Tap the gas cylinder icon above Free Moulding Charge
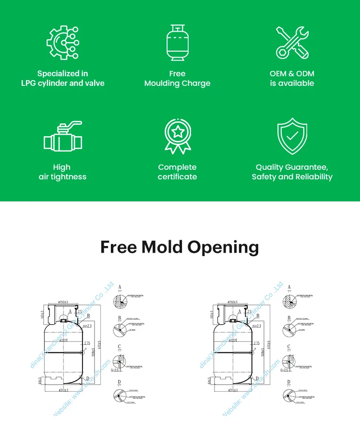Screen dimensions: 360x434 [177, 42]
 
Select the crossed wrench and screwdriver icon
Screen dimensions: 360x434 [292, 43]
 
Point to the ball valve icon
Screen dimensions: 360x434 [62, 138]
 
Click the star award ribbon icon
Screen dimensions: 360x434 [177, 137]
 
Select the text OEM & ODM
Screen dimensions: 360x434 [292, 73]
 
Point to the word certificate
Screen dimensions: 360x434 [177, 177]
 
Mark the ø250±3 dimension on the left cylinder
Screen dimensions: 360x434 [64, 302]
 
